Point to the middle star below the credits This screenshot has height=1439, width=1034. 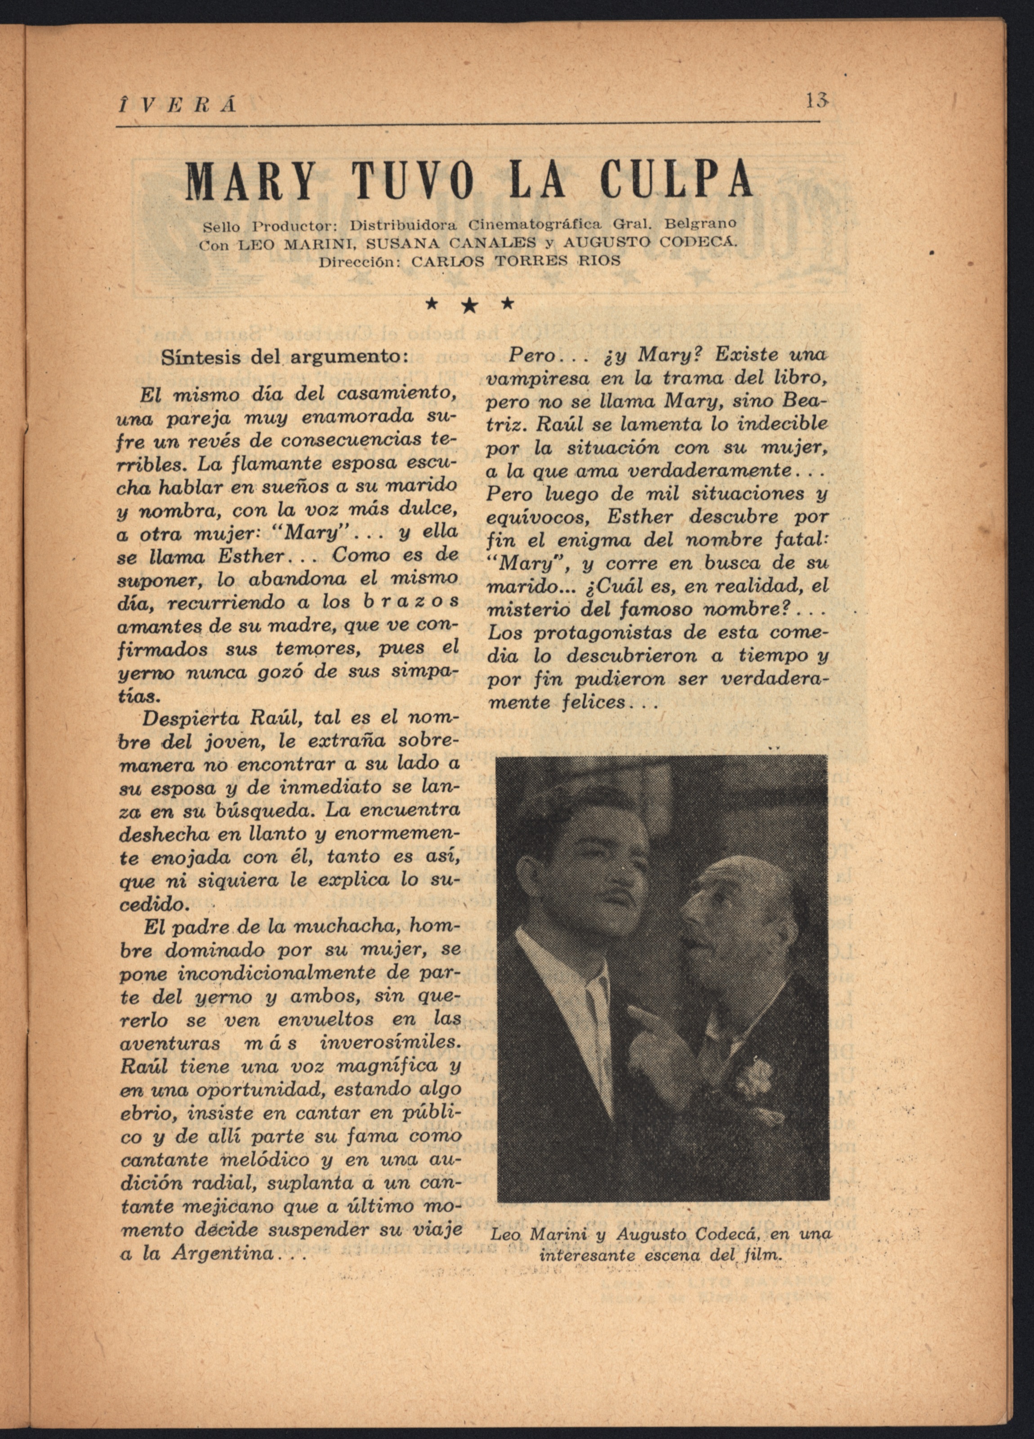[469, 306]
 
